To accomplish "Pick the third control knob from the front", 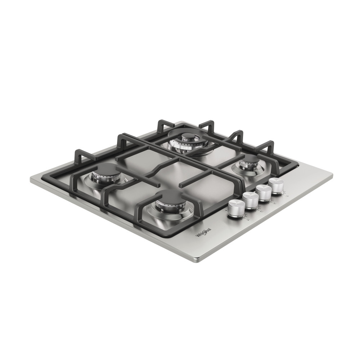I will [x=264, y=192].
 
